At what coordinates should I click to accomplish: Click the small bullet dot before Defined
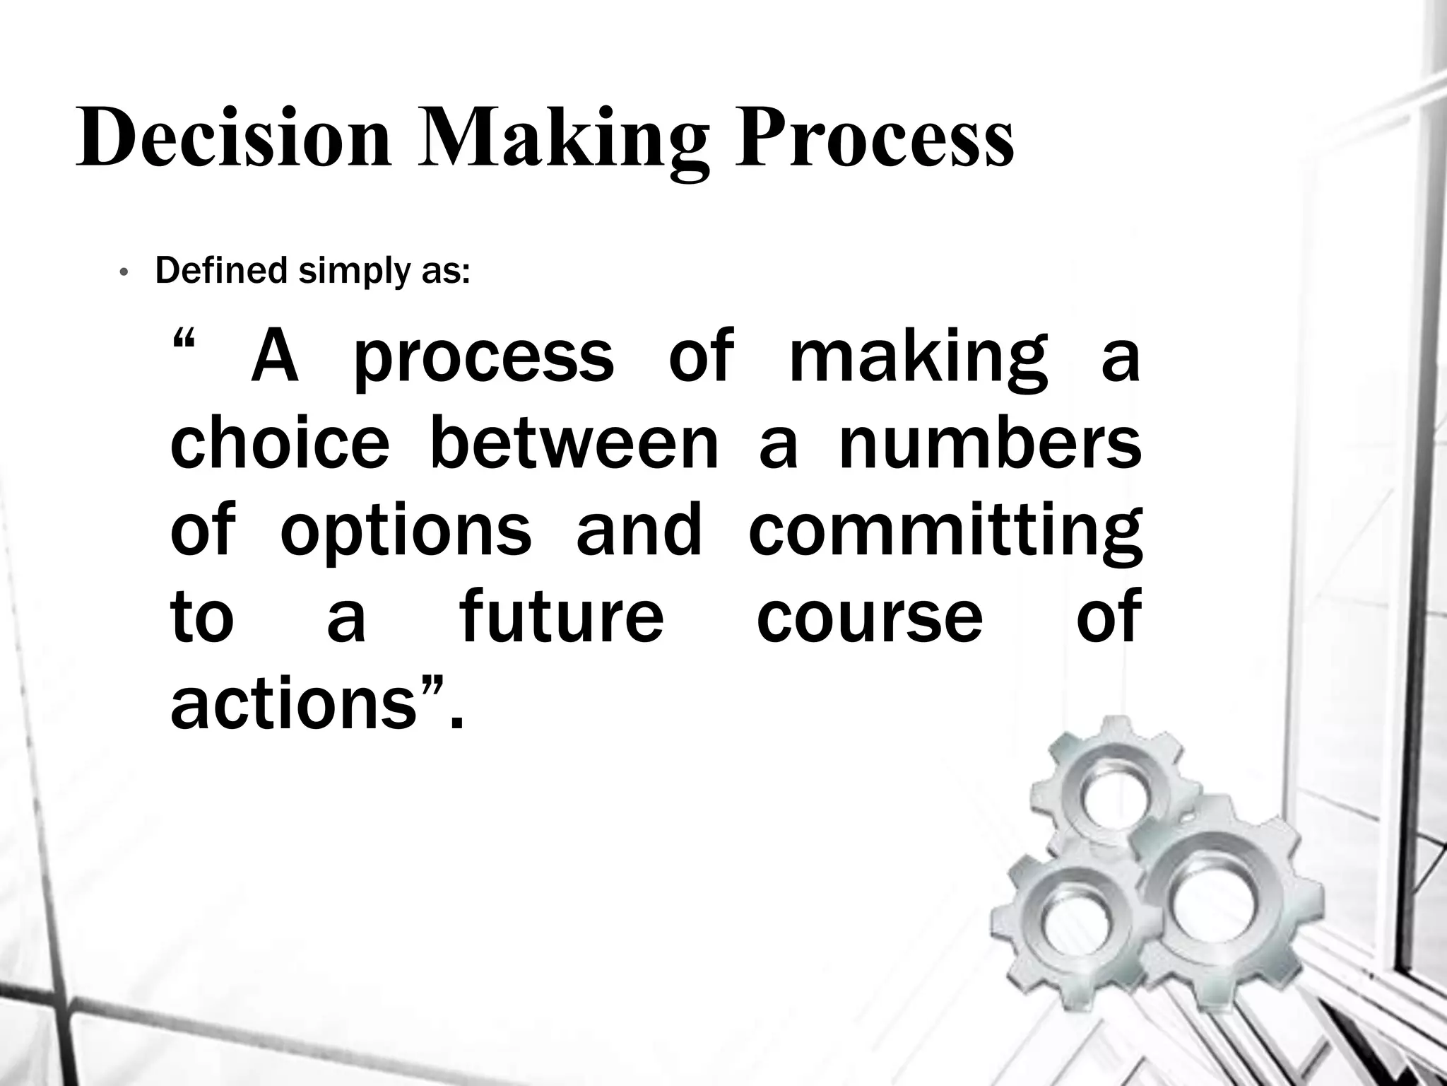click(123, 273)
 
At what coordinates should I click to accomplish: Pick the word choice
click(280, 443)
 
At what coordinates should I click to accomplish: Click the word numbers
click(990, 443)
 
